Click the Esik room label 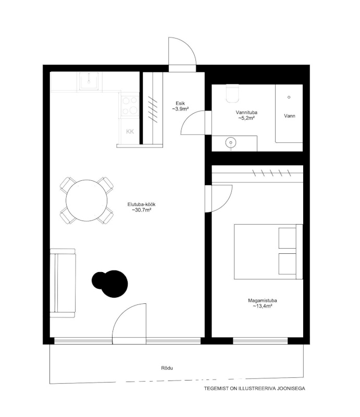coord(180,103)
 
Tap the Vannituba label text coord(246,113)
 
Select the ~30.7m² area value coord(142,210)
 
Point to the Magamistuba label coord(263,301)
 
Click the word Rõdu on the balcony coord(167,368)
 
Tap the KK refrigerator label coord(130,131)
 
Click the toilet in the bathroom coord(232,93)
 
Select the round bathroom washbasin coord(231,142)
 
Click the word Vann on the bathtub coord(290,116)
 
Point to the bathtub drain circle coord(289,97)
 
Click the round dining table coord(86,201)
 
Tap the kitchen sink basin coord(89,81)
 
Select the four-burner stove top coord(130,106)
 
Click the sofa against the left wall coord(63,283)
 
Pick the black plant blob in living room coord(110,284)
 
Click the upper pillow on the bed coord(287,238)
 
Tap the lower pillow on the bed coord(287,264)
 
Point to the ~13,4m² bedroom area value coord(263,306)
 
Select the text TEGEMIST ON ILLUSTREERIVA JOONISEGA coord(254,388)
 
